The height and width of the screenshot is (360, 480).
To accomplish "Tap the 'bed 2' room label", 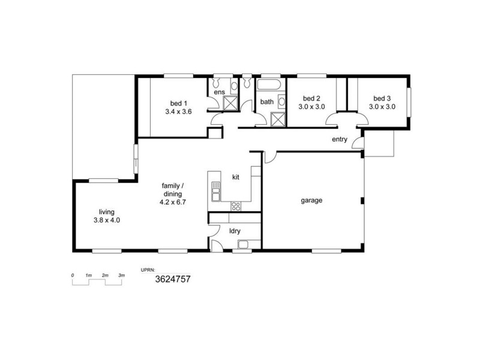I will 311,98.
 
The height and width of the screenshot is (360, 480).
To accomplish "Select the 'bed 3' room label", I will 382,98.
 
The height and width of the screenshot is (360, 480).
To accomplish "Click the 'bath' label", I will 266,102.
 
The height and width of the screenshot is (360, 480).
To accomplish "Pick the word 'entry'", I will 340,140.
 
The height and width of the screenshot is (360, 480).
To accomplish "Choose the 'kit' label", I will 236,178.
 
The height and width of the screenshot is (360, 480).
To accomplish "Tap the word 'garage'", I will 312,200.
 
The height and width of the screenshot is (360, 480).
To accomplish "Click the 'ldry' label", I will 235,230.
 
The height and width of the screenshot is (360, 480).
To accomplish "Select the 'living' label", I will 107,212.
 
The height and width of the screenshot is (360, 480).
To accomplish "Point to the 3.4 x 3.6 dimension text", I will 178,111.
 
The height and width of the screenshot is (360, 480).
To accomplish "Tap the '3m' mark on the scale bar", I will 121,275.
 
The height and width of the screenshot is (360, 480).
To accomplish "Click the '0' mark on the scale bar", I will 73,275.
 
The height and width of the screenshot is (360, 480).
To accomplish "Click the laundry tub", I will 244,244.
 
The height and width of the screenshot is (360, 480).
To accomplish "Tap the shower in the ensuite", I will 230,103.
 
